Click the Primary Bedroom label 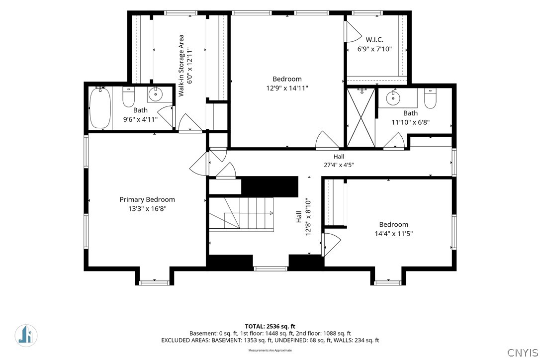147,199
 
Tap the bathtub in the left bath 100,107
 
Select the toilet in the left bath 128,97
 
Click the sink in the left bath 156,93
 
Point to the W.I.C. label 375,40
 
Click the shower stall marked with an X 360,117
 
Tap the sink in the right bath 393,98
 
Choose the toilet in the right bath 430,98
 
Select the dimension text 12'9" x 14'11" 287,88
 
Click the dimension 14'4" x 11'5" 394,234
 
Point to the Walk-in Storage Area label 181,66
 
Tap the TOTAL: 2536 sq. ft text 270,326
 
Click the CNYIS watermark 523,353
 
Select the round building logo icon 26,335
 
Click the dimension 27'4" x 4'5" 339,165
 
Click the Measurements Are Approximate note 270,351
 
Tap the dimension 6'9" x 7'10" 375,49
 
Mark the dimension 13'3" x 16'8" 147,208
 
